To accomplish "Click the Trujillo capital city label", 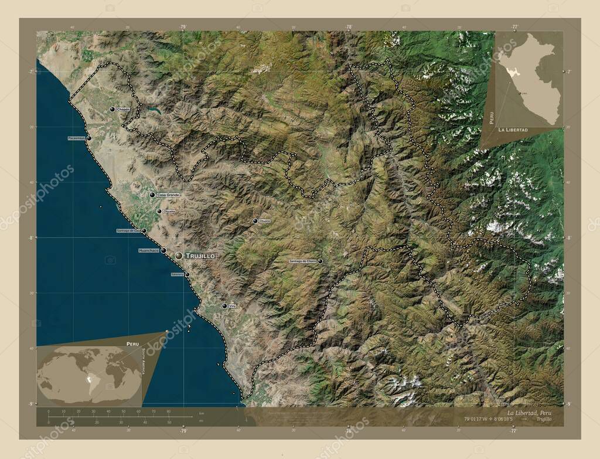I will [200, 256].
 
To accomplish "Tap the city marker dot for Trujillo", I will [178, 256].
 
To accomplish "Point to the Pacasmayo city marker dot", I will [89, 138].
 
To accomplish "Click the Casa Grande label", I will [168, 195].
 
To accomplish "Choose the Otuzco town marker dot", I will [255, 221].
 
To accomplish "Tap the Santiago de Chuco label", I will [302, 261].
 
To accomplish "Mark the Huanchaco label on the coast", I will [148, 250].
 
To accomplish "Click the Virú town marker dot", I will [224, 305].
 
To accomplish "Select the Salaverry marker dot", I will [187, 274].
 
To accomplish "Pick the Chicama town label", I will [169, 211].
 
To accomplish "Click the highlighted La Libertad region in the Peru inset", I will [511, 74].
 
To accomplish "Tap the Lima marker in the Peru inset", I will [519, 92].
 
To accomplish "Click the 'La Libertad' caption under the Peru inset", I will [513, 129].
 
